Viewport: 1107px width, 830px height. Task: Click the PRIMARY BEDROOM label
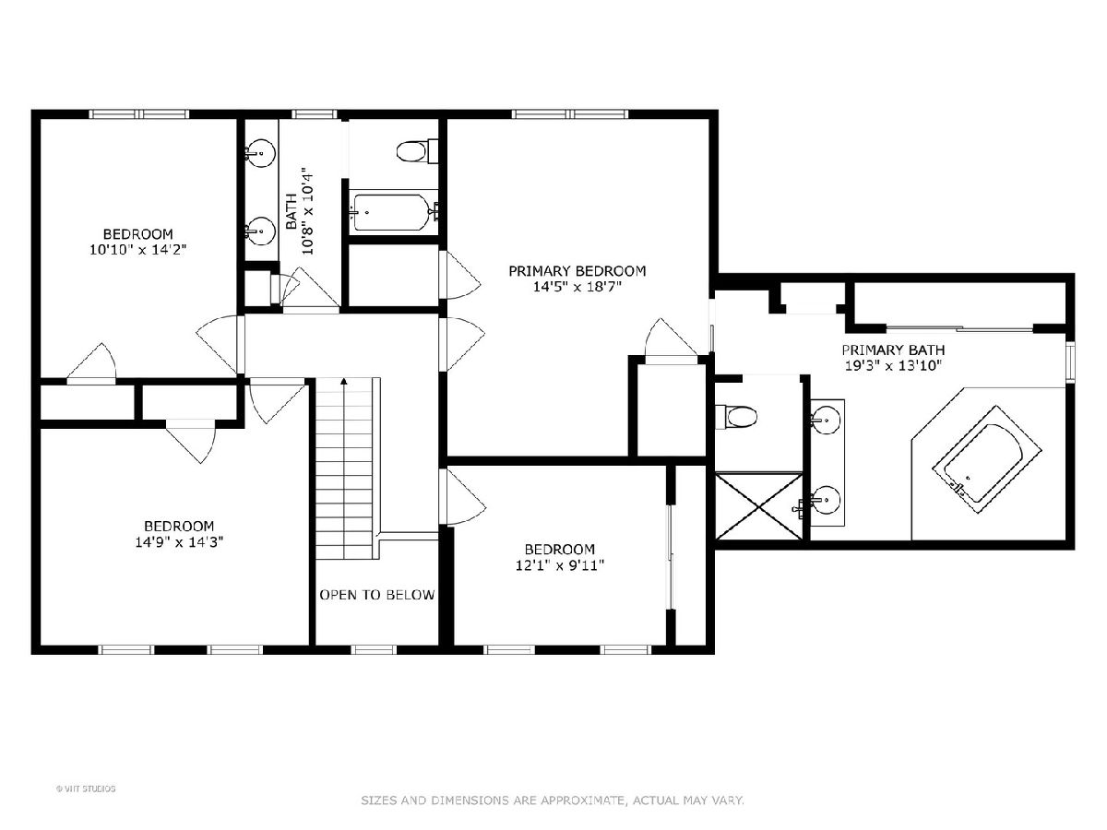[577, 271]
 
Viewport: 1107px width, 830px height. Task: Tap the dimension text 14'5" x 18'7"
[577, 287]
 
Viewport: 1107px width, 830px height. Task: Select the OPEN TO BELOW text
[377, 595]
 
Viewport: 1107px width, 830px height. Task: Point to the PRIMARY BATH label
[893, 350]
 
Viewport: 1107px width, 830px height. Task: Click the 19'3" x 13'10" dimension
[893, 365]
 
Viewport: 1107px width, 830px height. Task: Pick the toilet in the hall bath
[417, 150]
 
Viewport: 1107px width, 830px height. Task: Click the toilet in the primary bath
[736, 417]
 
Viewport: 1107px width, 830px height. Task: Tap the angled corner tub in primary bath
[986, 459]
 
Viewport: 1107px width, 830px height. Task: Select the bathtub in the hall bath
[393, 213]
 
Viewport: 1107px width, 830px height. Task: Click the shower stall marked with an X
[758, 506]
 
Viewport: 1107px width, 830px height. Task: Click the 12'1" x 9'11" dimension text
[560, 565]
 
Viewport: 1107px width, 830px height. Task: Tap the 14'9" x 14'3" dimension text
[179, 542]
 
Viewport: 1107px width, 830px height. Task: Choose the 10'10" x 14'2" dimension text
[138, 249]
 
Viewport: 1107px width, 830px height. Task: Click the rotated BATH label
[292, 211]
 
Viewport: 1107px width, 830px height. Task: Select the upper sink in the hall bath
[260, 150]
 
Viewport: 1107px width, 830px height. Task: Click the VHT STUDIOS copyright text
[86, 788]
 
